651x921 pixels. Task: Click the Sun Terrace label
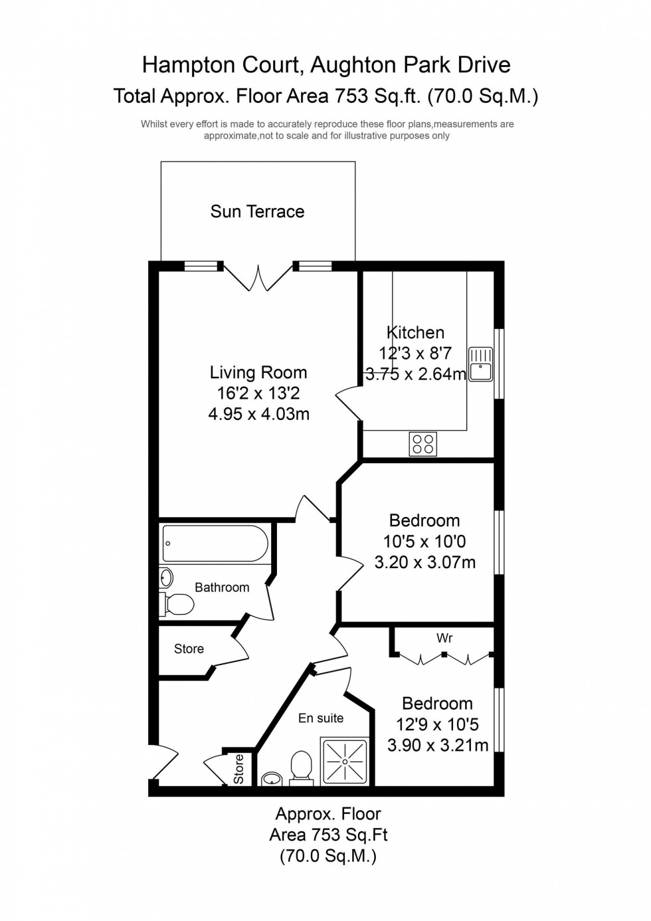[x=257, y=211]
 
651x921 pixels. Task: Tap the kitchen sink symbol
[x=480, y=364]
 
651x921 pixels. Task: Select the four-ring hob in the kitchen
[x=423, y=444]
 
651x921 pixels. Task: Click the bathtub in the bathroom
[x=215, y=544]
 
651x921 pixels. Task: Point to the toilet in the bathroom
[x=177, y=604]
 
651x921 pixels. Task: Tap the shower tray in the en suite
[x=344, y=761]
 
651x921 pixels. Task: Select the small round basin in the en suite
[x=272, y=779]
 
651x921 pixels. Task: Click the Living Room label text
[x=258, y=372]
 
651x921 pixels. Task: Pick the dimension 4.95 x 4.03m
[x=258, y=414]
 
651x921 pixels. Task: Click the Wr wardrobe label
[x=444, y=638]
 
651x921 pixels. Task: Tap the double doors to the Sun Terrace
[x=258, y=278]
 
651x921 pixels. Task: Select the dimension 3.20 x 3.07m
[x=424, y=562]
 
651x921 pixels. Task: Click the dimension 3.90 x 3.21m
[x=437, y=745]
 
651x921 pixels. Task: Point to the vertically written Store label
[x=238, y=769]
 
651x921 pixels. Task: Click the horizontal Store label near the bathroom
[x=189, y=649]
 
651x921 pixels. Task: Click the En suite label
[x=321, y=718]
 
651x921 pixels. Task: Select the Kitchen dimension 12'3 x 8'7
[x=415, y=353]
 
